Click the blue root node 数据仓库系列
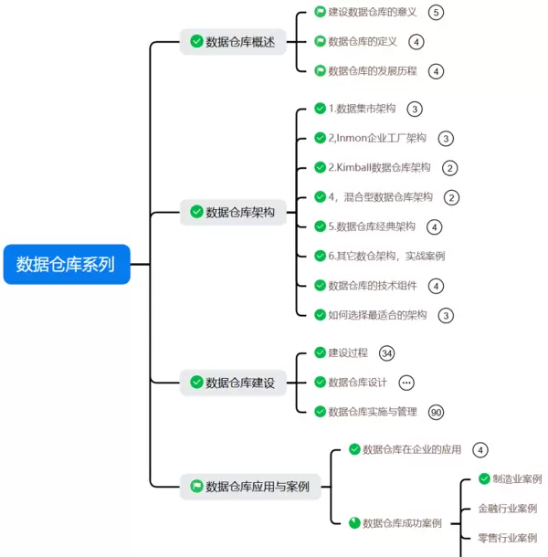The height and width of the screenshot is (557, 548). [66, 265]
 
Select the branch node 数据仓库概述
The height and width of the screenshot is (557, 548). [233, 41]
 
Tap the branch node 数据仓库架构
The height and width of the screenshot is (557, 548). [233, 212]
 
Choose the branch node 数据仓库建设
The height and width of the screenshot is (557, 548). [233, 383]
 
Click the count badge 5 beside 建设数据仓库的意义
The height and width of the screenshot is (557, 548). [436, 12]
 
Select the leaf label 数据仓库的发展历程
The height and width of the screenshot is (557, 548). [372, 70]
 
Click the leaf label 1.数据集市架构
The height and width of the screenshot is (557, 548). [362, 109]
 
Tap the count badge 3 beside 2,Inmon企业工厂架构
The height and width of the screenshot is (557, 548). [445, 139]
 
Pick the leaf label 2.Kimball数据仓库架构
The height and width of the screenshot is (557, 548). [379, 168]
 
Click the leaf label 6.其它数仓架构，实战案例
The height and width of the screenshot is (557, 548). [386, 256]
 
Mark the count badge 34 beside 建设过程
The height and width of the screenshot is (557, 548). [386, 352]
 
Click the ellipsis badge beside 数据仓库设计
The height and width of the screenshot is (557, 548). [406, 383]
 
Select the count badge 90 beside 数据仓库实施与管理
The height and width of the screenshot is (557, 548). [436, 412]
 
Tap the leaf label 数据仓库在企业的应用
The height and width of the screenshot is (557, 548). [412, 449]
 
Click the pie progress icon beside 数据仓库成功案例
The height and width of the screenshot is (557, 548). [354, 523]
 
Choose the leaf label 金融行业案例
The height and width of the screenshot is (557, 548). [507, 509]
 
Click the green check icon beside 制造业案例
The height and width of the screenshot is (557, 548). [484, 478]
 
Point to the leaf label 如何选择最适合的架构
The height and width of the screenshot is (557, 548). [377, 315]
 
